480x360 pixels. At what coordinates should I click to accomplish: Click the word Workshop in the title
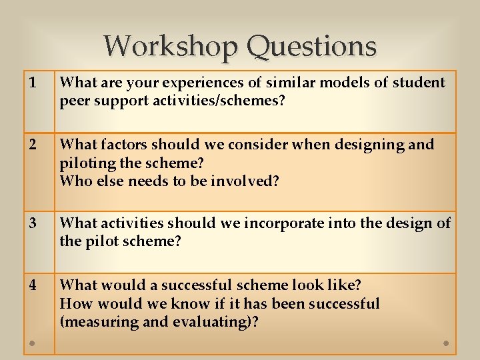click(x=171, y=46)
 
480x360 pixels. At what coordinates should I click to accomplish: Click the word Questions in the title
click(x=311, y=47)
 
